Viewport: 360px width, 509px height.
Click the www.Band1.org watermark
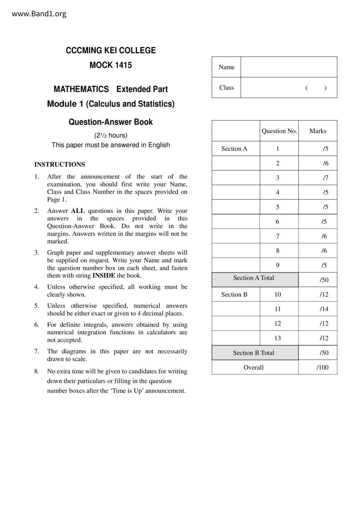tap(39, 14)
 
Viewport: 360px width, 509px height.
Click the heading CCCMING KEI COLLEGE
tap(111, 50)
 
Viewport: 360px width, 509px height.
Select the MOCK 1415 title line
tap(111, 65)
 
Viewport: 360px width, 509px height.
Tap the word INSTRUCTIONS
tap(60, 165)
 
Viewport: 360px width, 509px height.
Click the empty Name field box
tap(289, 67)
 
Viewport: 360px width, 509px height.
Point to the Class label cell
tap(226, 88)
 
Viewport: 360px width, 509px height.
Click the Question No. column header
tap(279, 131)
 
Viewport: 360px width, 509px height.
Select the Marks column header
tap(318, 131)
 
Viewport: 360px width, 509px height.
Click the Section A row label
tap(234, 149)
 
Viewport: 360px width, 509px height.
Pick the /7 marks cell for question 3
tap(325, 178)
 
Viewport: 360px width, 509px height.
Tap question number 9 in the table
tap(278, 265)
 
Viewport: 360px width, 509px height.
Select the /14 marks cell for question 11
tap(324, 309)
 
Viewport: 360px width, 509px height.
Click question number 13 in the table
tap(278, 338)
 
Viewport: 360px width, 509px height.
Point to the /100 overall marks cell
tap(323, 367)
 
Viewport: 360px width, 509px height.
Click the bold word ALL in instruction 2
tap(78, 211)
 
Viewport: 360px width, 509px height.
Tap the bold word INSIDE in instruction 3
tap(104, 276)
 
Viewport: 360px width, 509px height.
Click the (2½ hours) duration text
tap(111, 136)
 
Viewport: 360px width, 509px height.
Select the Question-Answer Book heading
tap(111, 122)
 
